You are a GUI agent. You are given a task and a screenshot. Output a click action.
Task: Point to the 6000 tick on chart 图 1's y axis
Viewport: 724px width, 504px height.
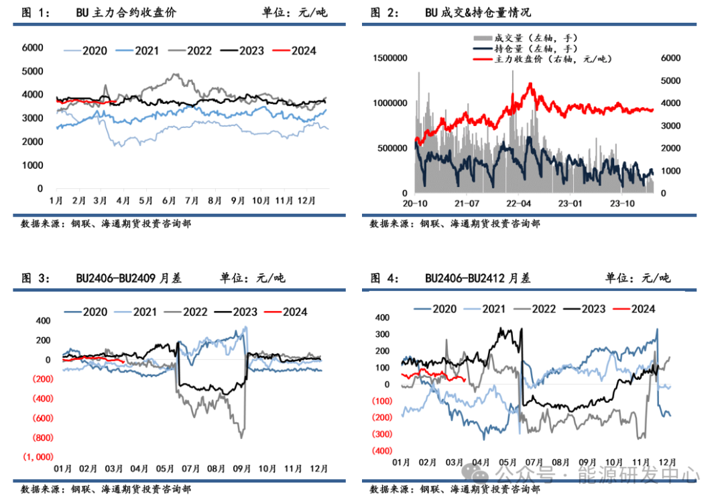click(x=33, y=48)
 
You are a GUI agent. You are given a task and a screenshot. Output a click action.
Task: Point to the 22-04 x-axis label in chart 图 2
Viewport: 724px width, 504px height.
click(x=519, y=203)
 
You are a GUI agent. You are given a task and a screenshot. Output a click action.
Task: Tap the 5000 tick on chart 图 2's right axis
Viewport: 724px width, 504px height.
click(x=672, y=80)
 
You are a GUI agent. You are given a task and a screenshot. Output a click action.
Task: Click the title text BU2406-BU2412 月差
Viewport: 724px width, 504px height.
click(x=477, y=278)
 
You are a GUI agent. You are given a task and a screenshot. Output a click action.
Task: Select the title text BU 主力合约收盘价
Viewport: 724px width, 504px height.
click(x=125, y=12)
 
